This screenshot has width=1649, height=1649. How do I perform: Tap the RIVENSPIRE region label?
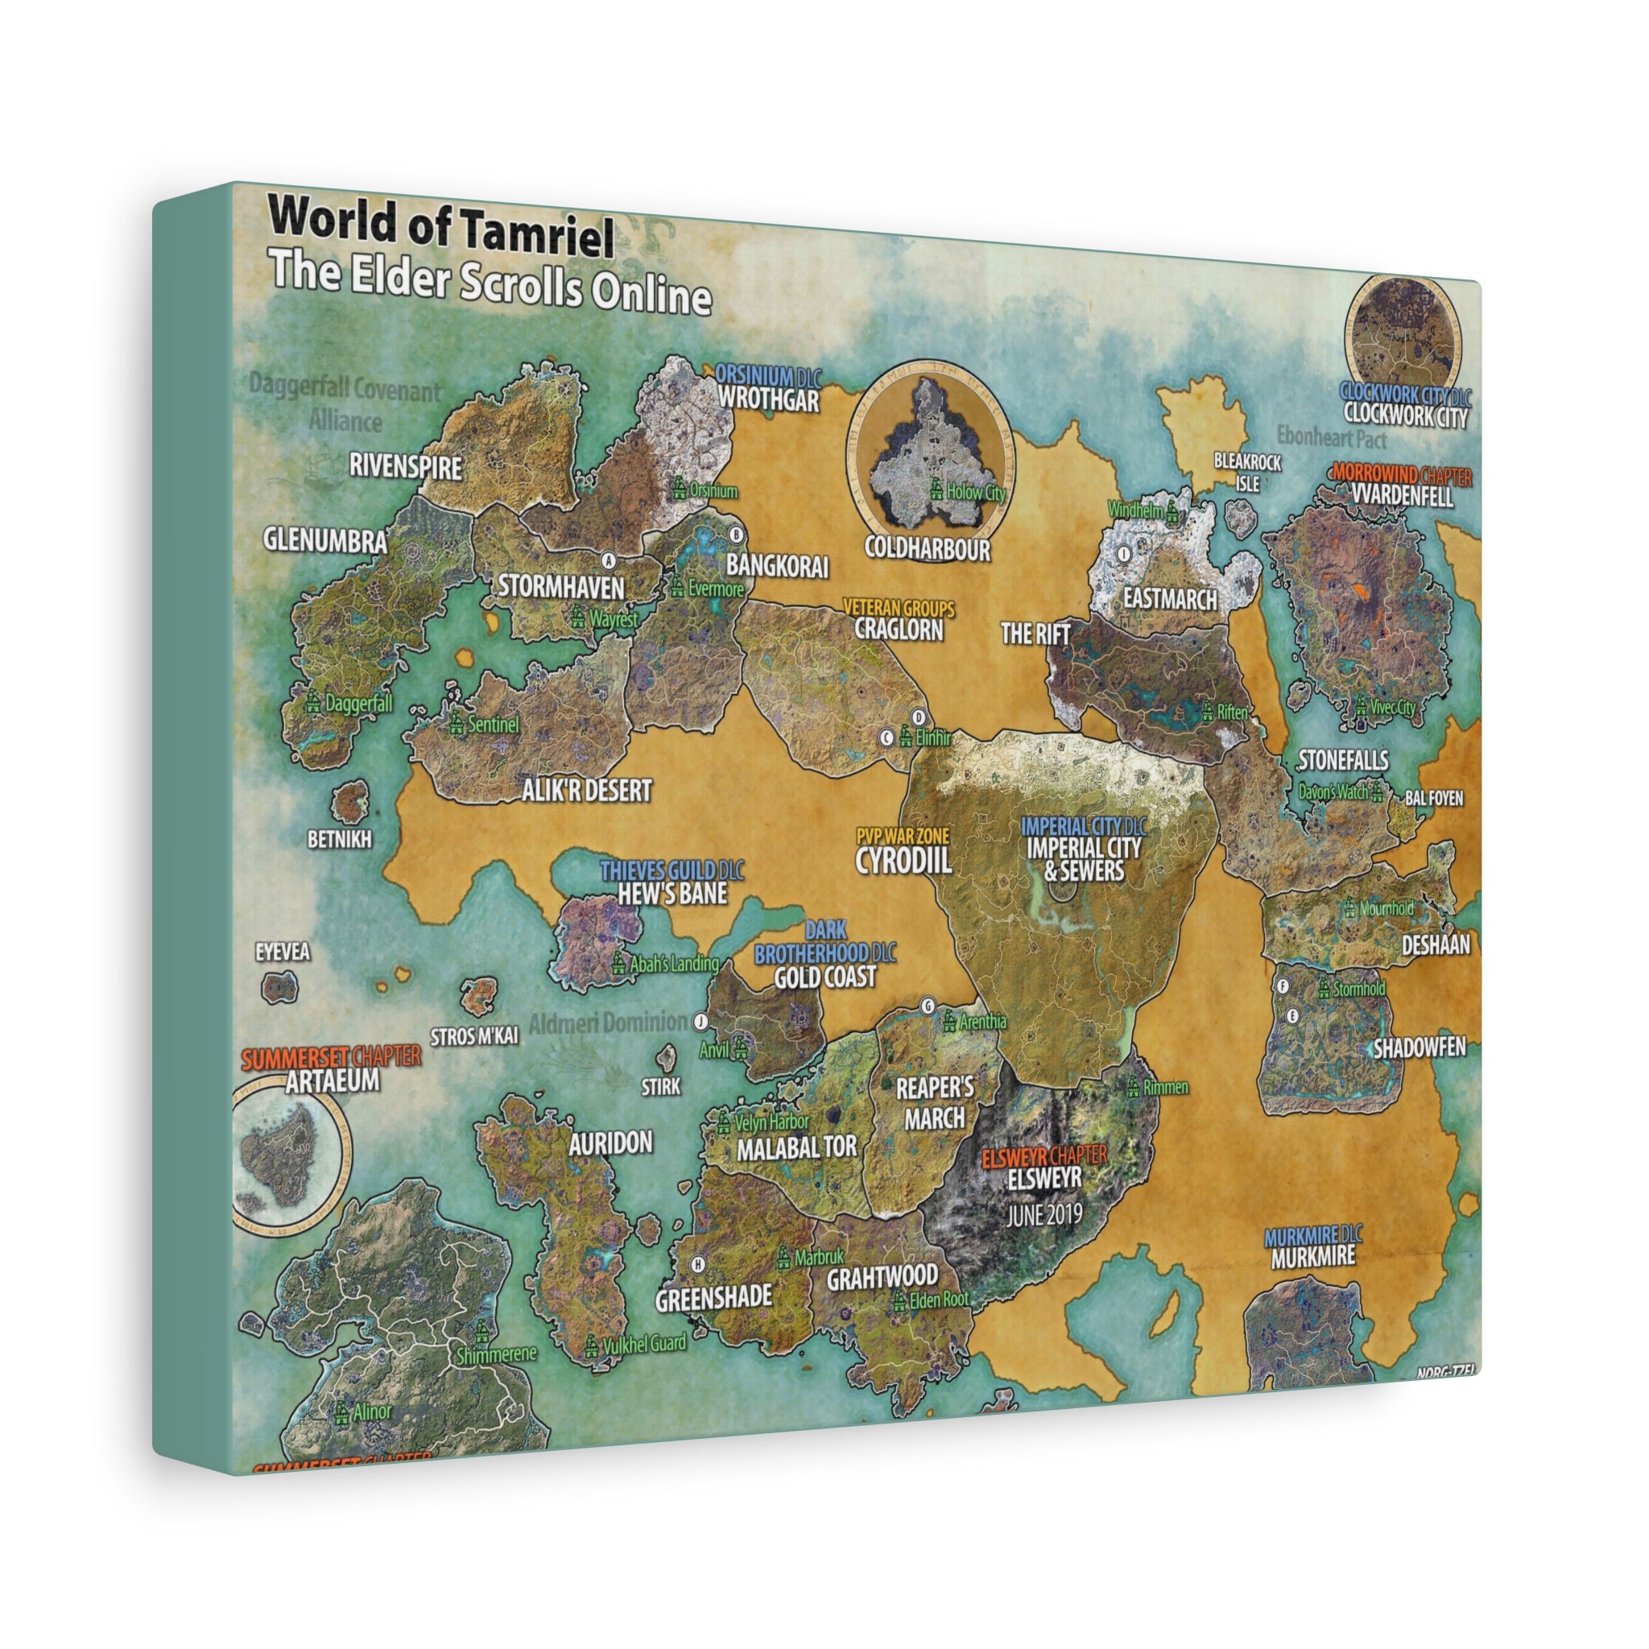406,467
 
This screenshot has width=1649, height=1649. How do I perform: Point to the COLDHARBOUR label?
927,548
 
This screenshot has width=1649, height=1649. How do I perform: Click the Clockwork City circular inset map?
1403,333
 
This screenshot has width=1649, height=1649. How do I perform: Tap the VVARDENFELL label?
1403,496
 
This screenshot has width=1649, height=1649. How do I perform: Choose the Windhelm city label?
1135,510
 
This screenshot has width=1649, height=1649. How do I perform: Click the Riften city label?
1232,712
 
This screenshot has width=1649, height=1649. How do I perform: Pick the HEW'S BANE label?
673,893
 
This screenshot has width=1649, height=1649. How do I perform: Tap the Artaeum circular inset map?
287,1160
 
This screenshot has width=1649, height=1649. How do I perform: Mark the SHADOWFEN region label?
1420,1048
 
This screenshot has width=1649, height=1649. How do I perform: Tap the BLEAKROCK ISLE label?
1247,472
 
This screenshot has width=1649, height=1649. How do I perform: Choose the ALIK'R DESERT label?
587,791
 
